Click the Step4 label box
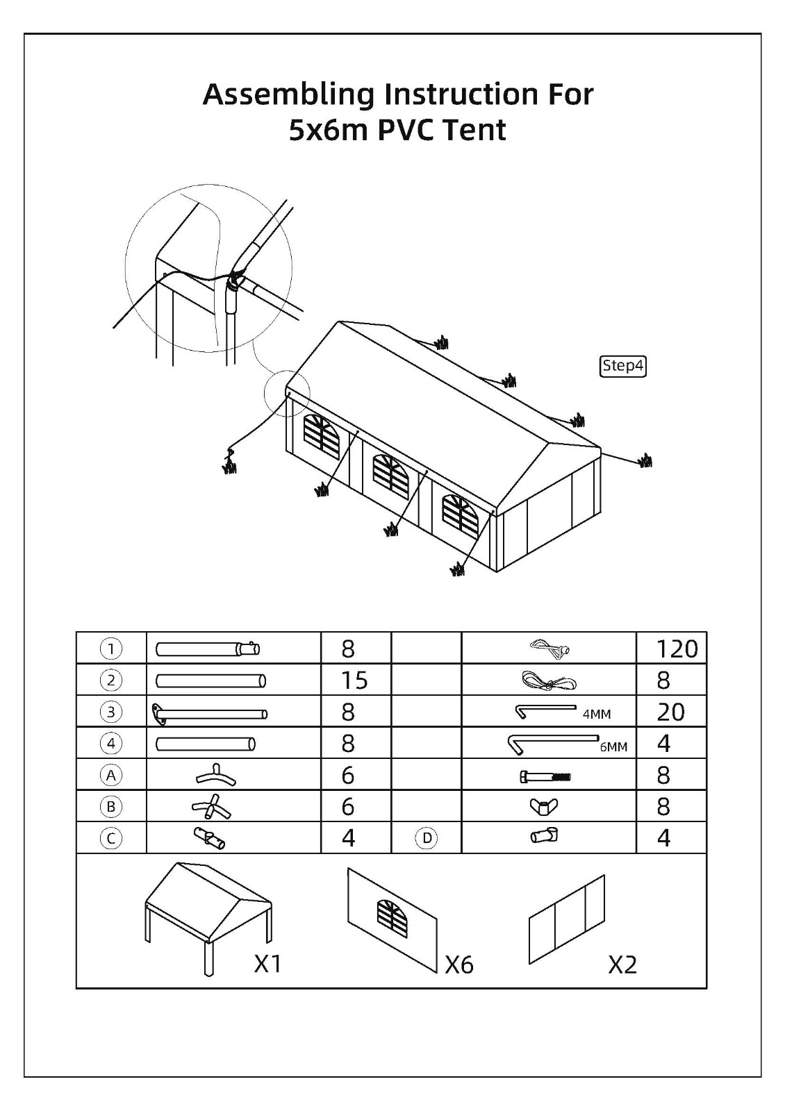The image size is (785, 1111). [622, 366]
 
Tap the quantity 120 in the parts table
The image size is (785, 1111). [677, 649]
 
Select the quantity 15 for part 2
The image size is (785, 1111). [354, 680]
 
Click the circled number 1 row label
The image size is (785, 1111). [110, 649]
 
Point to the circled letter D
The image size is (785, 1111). [427, 839]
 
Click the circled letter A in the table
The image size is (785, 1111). [110, 775]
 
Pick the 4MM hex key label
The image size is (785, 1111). [597, 715]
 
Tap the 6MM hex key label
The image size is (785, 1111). [613, 747]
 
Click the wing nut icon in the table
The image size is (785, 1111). [544, 808]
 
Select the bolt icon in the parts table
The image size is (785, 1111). [545, 777]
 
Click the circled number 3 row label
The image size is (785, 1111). [110, 712]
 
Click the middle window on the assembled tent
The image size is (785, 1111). [392, 476]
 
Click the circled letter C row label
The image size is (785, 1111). [110, 839]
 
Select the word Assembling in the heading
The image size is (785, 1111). [288, 94]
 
